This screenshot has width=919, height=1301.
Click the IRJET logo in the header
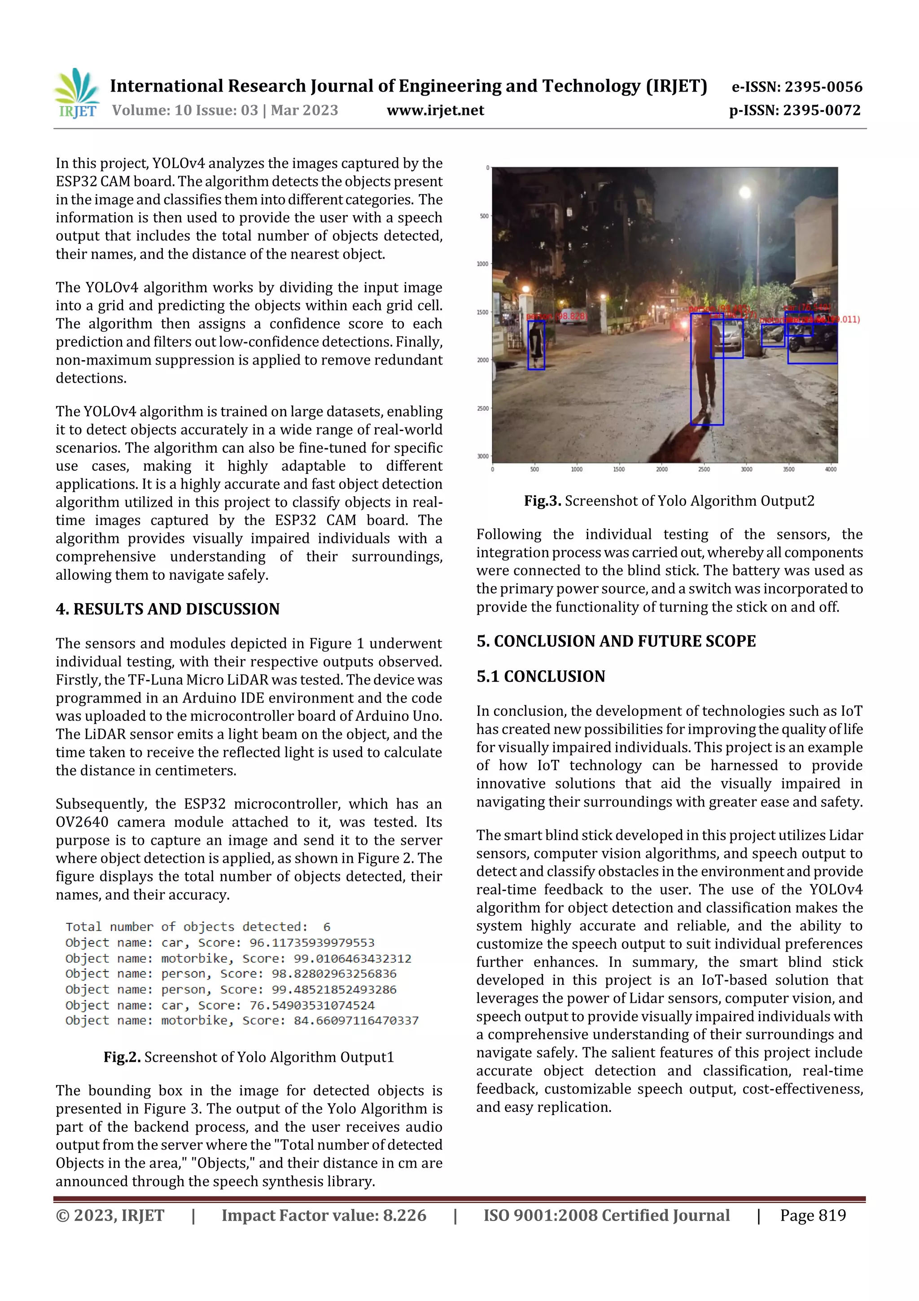(77, 93)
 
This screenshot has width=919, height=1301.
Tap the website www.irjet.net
(435, 110)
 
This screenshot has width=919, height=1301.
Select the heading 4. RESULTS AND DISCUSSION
(168, 609)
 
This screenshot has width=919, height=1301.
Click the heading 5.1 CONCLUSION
(541, 677)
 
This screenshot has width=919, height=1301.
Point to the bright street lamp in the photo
(745, 193)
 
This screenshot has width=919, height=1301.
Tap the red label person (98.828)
(556, 316)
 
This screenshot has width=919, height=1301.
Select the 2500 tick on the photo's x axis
(704, 469)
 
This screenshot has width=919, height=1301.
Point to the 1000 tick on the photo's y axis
(482, 264)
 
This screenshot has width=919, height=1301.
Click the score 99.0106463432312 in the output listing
(352, 959)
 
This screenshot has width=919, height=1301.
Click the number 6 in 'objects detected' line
(327, 927)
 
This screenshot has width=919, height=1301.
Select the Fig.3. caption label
(542, 501)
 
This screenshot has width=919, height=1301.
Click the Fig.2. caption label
(122, 1057)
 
